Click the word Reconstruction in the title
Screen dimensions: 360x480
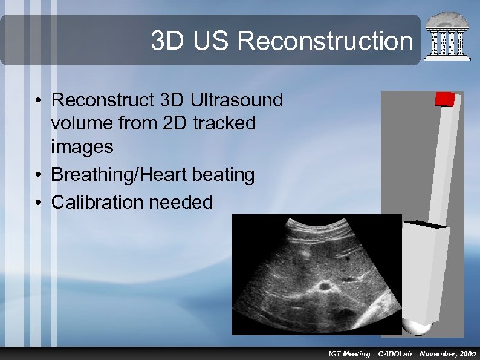pyautogui.click(x=325, y=41)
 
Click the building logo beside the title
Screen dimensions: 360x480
pyautogui.click(x=447, y=36)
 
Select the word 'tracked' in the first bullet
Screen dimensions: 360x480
pyautogui.click(x=224, y=123)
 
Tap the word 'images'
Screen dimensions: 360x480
pyautogui.click(x=82, y=146)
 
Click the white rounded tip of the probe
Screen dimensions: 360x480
pyautogui.click(x=417, y=327)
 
